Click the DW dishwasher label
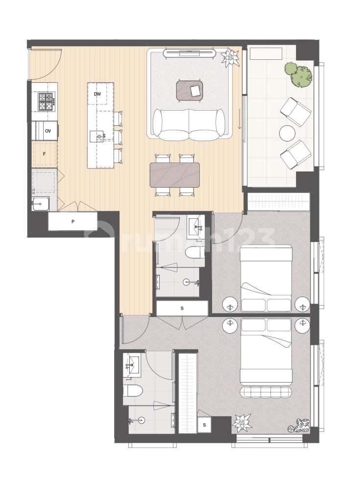(x=97, y=94)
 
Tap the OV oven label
(x=48, y=131)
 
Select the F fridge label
(x=44, y=154)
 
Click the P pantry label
(x=72, y=222)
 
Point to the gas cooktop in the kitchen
(x=46, y=101)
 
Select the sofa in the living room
(x=189, y=124)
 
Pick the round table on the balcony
(x=287, y=133)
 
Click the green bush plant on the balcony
(x=298, y=74)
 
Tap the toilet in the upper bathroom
(x=194, y=253)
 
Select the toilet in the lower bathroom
(x=132, y=391)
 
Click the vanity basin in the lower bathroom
(x=131, y=365)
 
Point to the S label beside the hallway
(x=182, y=308)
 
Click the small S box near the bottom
(x=204, y=425)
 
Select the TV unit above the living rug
(x=190, y=52)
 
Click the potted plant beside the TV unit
(x=229, y=57)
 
